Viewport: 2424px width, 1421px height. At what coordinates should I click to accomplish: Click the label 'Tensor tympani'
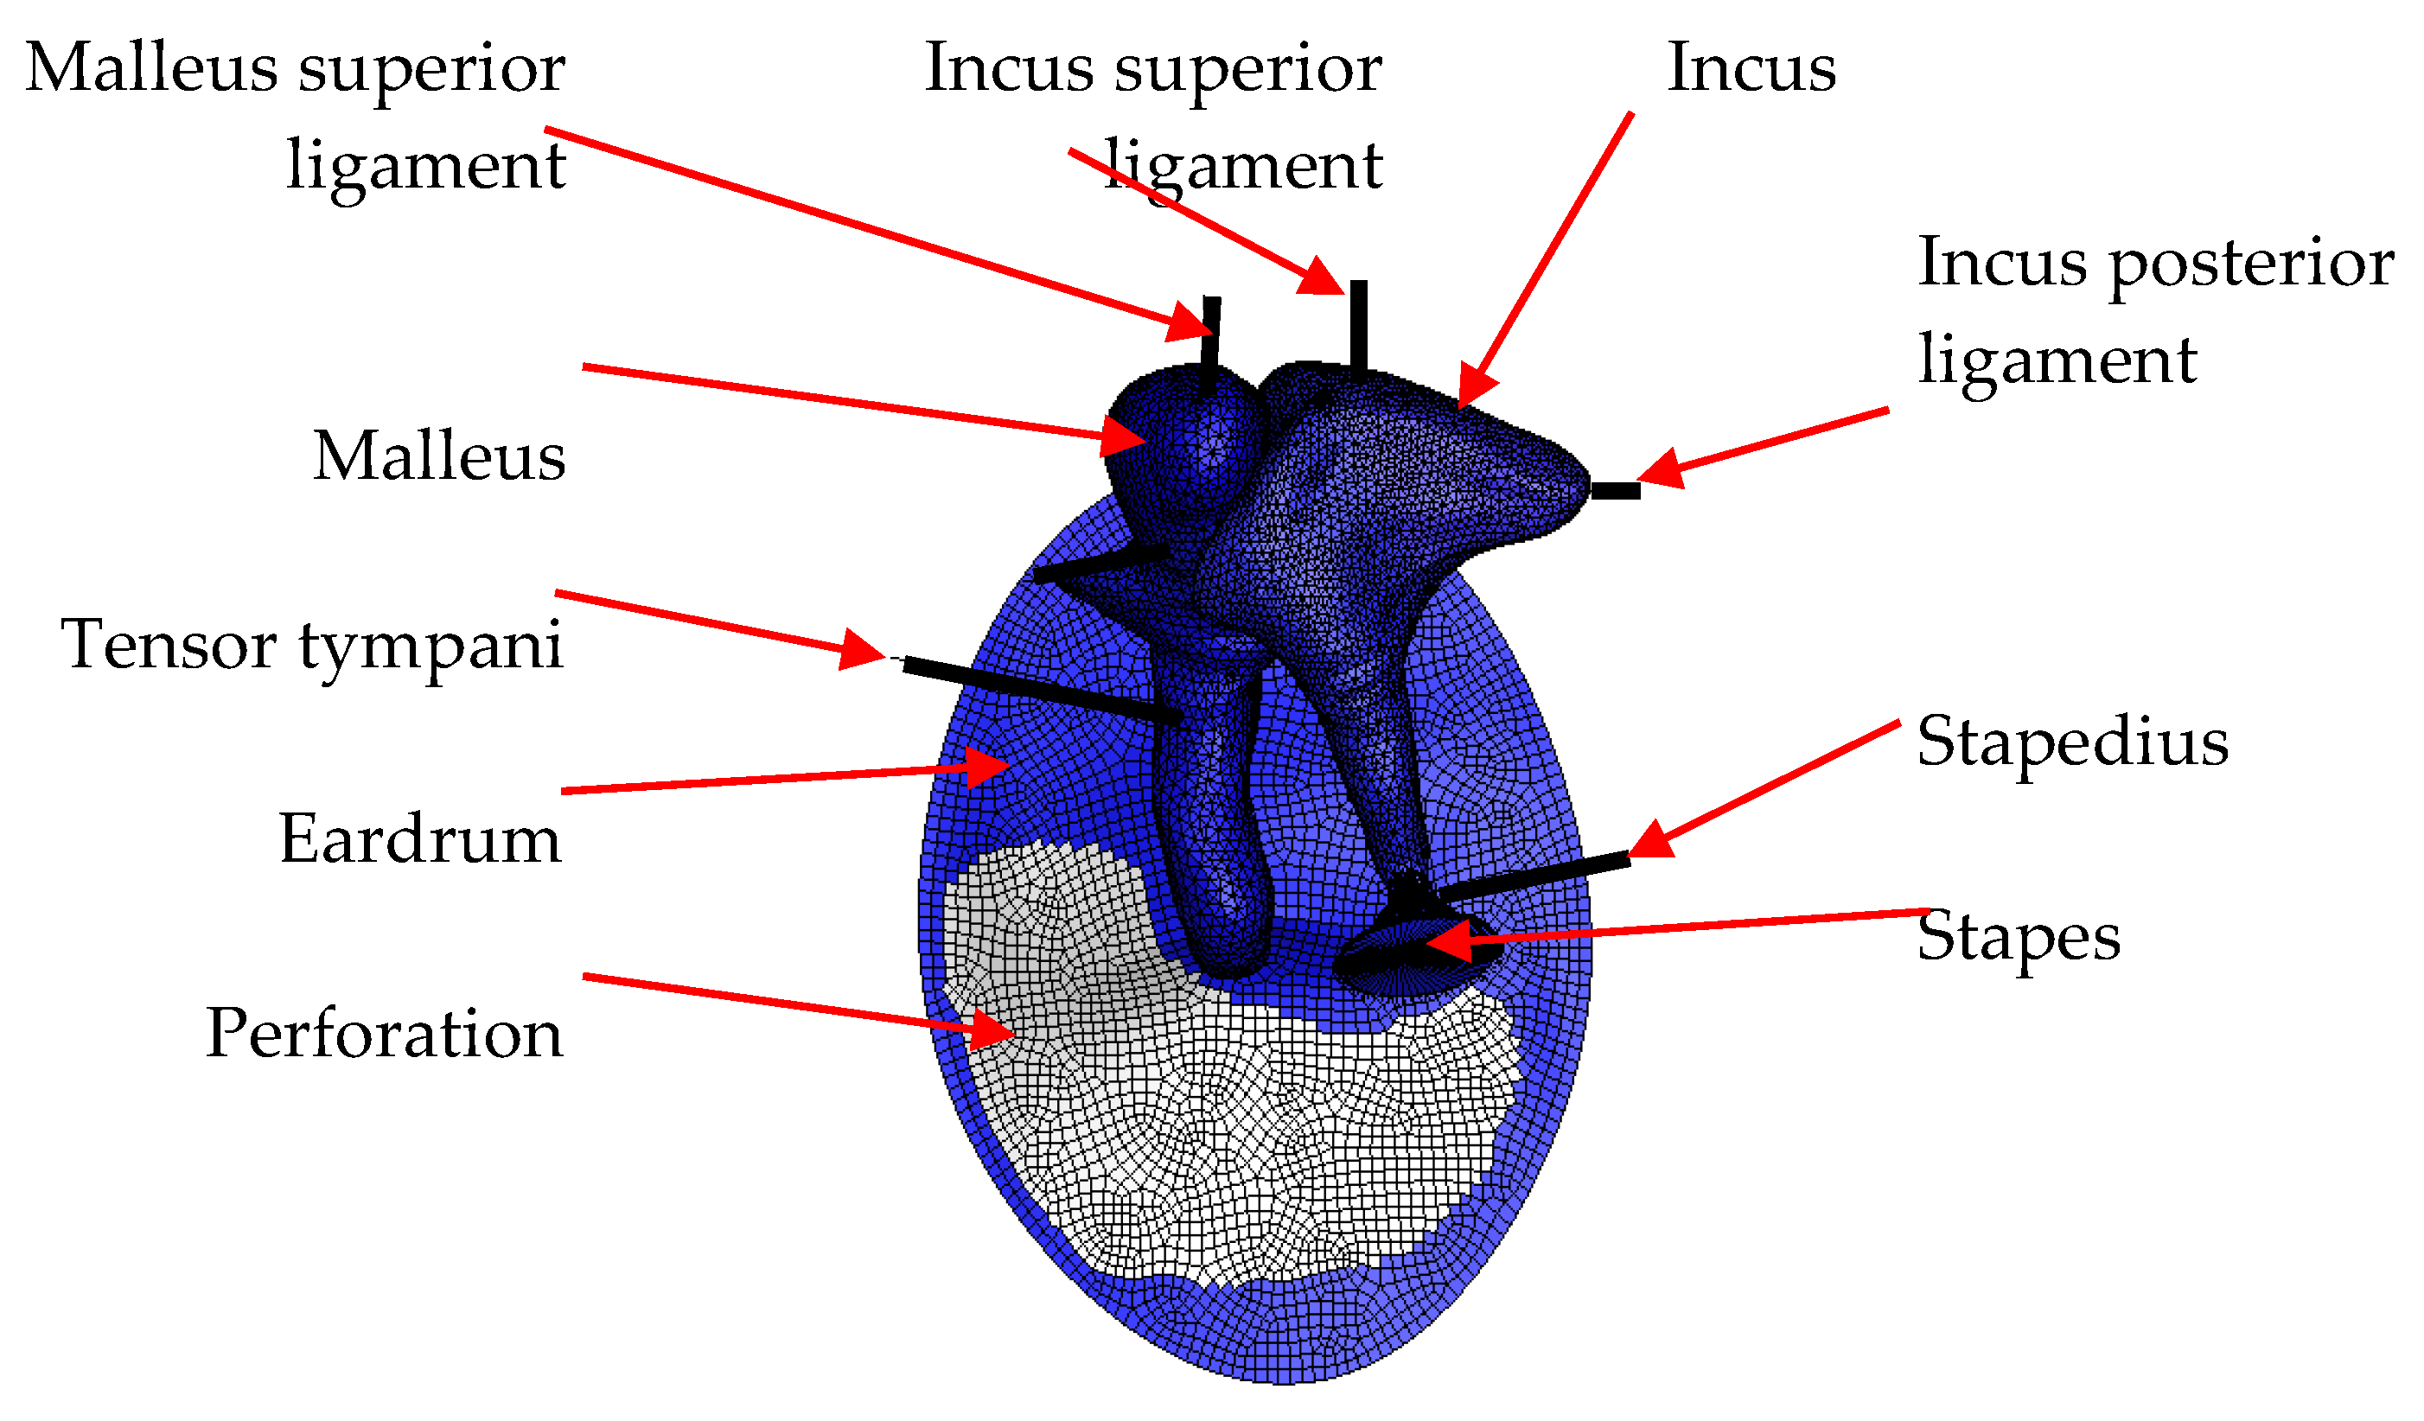click(x=310, y=645)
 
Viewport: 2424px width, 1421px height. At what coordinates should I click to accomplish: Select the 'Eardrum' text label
click(x=419, y=839)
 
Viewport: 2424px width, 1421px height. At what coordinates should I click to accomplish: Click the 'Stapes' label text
click(x=2018, y=935)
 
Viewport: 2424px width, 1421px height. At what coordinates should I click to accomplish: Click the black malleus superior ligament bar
click(x=1210, y=341)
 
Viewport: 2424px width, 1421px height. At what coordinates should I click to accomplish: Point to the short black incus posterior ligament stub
click(x=1615, y=492)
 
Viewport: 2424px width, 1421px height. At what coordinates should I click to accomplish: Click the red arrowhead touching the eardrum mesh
click(x=986, y=767)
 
